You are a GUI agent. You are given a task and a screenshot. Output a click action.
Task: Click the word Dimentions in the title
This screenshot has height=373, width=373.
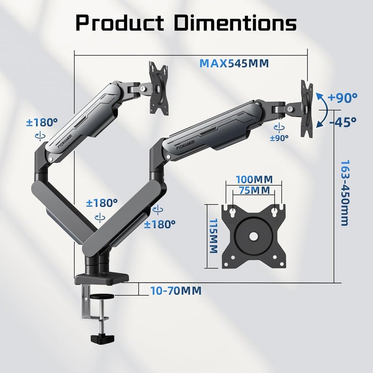pyautogui.click(x=235, y=23)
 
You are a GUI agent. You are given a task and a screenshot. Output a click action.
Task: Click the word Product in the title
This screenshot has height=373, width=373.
pyautogui.click(x=120, y=23)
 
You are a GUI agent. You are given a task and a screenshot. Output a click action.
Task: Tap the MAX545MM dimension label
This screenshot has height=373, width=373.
pyautogui.click(x=234, y=63)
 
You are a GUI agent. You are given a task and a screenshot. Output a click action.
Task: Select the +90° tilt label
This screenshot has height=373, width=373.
pyautogui.click(x=342, y=97)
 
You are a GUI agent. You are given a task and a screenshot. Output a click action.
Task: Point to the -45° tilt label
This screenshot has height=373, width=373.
pyautogui.click(x=343, y=122)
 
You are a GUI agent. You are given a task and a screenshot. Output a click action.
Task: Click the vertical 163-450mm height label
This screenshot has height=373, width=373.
pyautogui.click(x=345, y=193)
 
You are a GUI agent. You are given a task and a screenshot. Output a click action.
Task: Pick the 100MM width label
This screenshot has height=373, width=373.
pyautogui.click(x=254, y=180)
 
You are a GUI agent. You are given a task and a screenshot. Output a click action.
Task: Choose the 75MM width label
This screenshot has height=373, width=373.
pyautogui.click(x=254, y=190)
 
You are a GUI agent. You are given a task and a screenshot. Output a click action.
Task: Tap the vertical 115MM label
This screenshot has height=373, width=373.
pyautogui.click(x=214, y=236)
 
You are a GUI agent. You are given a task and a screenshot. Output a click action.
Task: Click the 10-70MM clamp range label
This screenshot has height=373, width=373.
pyautogui.click(x=176, y=290)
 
